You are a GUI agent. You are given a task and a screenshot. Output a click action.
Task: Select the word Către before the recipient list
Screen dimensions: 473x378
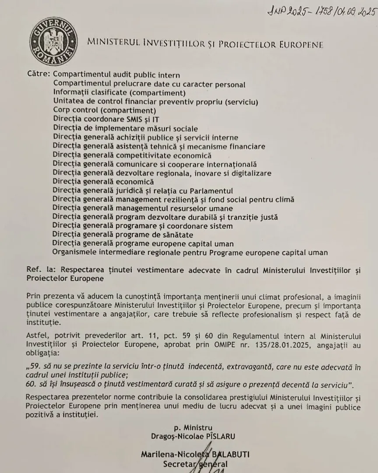click(38, 75)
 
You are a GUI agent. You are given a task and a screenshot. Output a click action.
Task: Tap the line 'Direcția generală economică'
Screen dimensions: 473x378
click(103, 182)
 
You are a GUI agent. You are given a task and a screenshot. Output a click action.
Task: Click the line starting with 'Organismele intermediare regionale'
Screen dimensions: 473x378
click(190, 253)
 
